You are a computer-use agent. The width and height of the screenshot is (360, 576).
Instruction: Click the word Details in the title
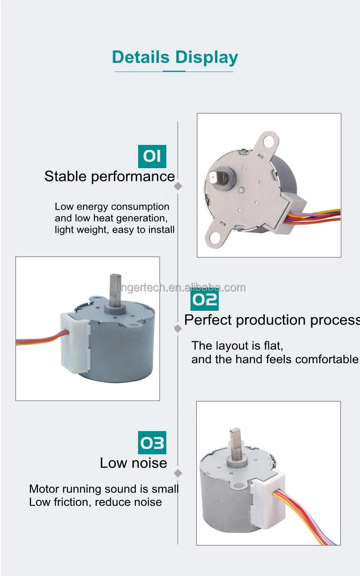(x=140, y=57)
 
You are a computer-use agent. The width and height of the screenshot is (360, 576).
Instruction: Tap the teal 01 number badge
(x=152, y=156)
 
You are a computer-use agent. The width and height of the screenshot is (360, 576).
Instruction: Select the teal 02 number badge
(x=205, y=300)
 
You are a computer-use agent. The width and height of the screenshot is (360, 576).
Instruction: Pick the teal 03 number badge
(x=152, y=443)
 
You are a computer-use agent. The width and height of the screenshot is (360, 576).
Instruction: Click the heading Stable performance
(x=109, y=176)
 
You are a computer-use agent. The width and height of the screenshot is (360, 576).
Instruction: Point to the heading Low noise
(x=134, y=463)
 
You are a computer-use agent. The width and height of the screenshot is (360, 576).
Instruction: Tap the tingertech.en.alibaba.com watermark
(x=180, y=288)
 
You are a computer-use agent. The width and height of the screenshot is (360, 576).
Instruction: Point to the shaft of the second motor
(x=114, y=289)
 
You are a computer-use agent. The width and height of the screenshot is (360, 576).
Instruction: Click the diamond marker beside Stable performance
(x=178, y=186)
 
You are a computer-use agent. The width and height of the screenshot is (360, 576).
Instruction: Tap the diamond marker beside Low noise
(x=178, y=473)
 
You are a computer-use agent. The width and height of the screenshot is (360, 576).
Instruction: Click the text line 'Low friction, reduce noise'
(x=95, y=502)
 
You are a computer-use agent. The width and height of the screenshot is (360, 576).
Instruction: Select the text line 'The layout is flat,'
(x=237, y=345)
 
